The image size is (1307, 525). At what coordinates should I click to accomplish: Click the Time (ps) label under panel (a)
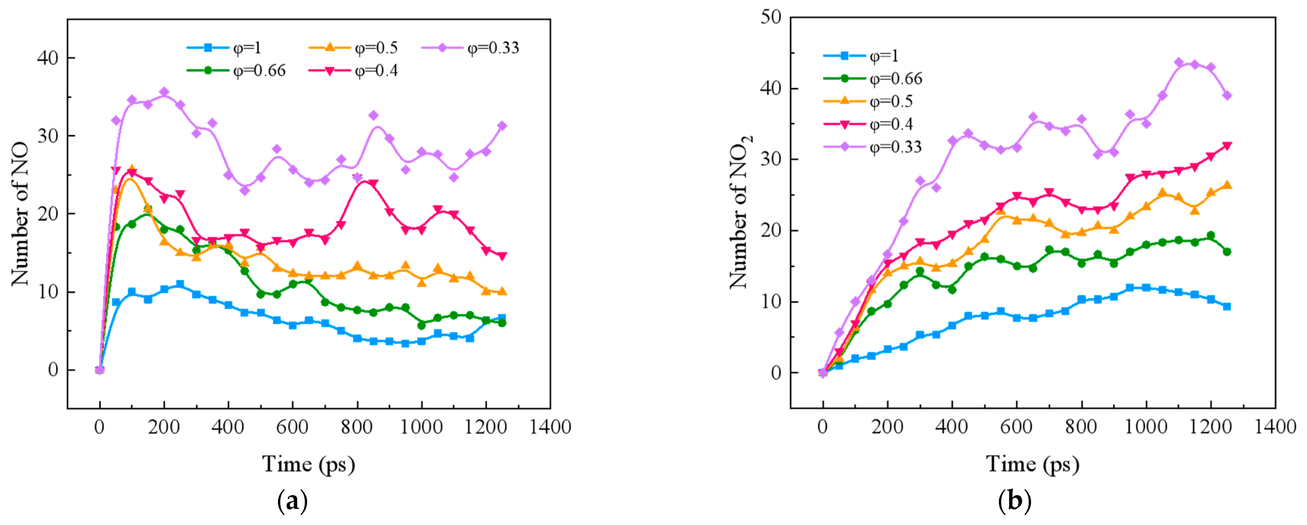(x=308, y=464)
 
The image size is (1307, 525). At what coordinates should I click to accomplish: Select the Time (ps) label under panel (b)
(x=1032, y=464)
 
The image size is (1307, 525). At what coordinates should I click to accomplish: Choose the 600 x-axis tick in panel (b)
(x=1016, y=427)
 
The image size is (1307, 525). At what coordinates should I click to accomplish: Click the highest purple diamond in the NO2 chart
(x=1179, y=62)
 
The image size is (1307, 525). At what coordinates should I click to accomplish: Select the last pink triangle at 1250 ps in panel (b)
(x=1227, y=146)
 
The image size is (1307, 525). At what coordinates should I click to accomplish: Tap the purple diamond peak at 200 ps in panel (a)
(x=164, y=92)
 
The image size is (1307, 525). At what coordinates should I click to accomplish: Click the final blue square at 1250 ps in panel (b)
(x=1227, y=306)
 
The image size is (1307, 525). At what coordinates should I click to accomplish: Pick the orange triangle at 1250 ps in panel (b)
(x=1227, y=185)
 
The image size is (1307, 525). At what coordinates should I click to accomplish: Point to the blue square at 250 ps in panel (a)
(x=180, y=284)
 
